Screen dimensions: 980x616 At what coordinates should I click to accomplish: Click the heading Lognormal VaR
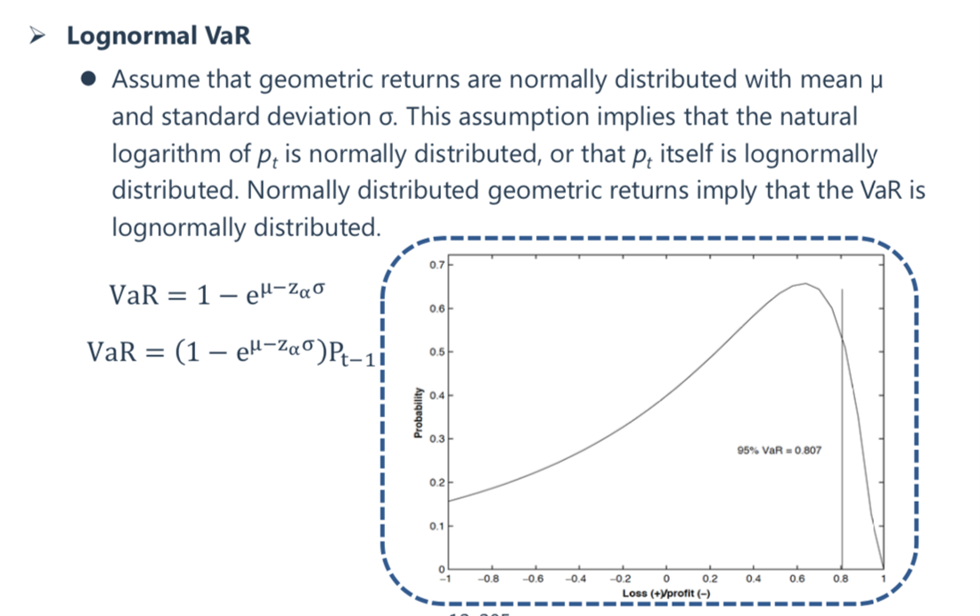click(x=159, y=36)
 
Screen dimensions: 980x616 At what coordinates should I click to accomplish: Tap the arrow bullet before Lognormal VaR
click(x=37, y=37)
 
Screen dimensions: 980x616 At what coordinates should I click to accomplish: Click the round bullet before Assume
click(x=88, y=78)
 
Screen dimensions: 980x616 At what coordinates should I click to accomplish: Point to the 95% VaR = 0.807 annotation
click(x=780, y=450)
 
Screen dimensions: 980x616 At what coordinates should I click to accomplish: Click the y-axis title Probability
click(x=418, y=413)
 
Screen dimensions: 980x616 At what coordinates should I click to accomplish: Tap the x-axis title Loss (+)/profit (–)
click(x=666, y=593)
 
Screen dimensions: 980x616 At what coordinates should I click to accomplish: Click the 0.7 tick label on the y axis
click(x=437, y=265)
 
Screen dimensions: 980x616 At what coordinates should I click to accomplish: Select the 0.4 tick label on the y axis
click(x=437, y=395)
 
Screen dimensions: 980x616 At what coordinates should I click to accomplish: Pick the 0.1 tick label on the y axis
click(x=437, y=526)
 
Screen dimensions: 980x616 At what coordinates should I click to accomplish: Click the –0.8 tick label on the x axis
click(x=488, y=579)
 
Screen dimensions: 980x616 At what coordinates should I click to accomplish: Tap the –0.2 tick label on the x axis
click(x=621, y=579)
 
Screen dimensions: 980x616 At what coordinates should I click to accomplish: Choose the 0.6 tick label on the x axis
click(x=796, y=579)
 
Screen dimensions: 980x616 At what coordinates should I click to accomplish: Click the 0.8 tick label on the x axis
click(x=841, y=579)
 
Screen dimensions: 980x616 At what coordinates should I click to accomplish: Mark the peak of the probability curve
click(x=805, y=283)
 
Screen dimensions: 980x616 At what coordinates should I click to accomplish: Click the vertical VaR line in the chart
click(x=842, y=428)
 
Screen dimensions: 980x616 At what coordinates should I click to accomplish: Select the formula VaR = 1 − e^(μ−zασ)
click(x=216, y=293)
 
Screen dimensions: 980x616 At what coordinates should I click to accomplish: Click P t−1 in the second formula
click(x=352, y=354)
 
